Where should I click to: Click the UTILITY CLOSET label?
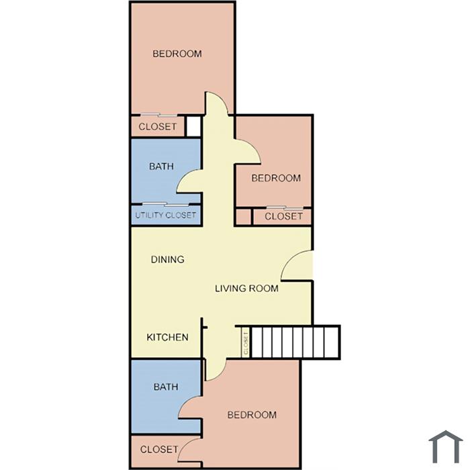(x=165, y=215)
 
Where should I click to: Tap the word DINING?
(x=168, y=259)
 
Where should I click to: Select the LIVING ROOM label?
(x=246, y=288)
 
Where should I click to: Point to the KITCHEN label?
(x=168, y=337)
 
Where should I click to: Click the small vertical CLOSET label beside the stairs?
(x=246, y=343)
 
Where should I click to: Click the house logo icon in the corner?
(x=446, y=446)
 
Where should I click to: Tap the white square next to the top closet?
(x=193, y=126)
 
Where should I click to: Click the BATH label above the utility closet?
(x=161, y=166)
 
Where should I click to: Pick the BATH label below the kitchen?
(x=166, y=387)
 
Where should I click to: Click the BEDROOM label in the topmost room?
(x=177, y=54)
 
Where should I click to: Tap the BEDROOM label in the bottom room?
(x=252, y=415)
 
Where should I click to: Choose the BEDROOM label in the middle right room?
(x=276, y=178)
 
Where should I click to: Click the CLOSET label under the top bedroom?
(x=158, y=126)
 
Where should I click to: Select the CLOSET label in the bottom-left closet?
(x=159, y=449)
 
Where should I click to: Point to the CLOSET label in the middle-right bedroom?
(x=283, y=216)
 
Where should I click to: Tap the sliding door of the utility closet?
(x=166, y=204)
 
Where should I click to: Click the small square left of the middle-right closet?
(x=243, y=216)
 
